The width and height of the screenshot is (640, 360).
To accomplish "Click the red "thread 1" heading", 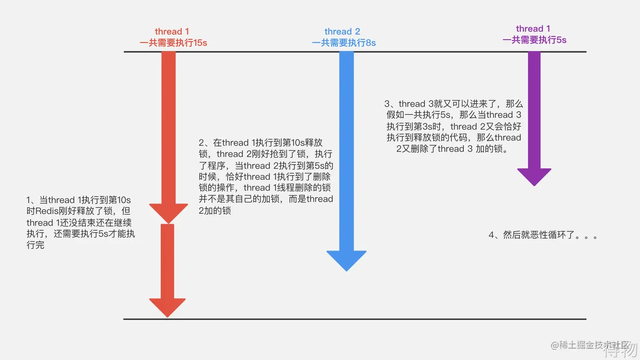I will (172, 32).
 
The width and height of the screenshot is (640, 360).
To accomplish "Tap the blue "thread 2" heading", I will (342, 32).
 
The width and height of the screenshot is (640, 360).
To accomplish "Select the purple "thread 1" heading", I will (533, 29).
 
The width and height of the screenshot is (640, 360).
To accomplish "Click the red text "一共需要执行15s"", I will (173, 43).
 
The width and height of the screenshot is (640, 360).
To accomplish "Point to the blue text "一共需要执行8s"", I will (344, 43).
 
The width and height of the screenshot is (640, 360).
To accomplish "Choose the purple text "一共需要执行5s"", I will (534, 40).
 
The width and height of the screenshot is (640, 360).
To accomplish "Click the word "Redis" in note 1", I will (48, 211).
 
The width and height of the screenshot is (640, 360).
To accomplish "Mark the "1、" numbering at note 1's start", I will (32, 200).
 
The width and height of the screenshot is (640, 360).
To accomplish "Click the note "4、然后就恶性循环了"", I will (543, 235).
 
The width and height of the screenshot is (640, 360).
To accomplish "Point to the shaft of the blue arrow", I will (347, 147).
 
